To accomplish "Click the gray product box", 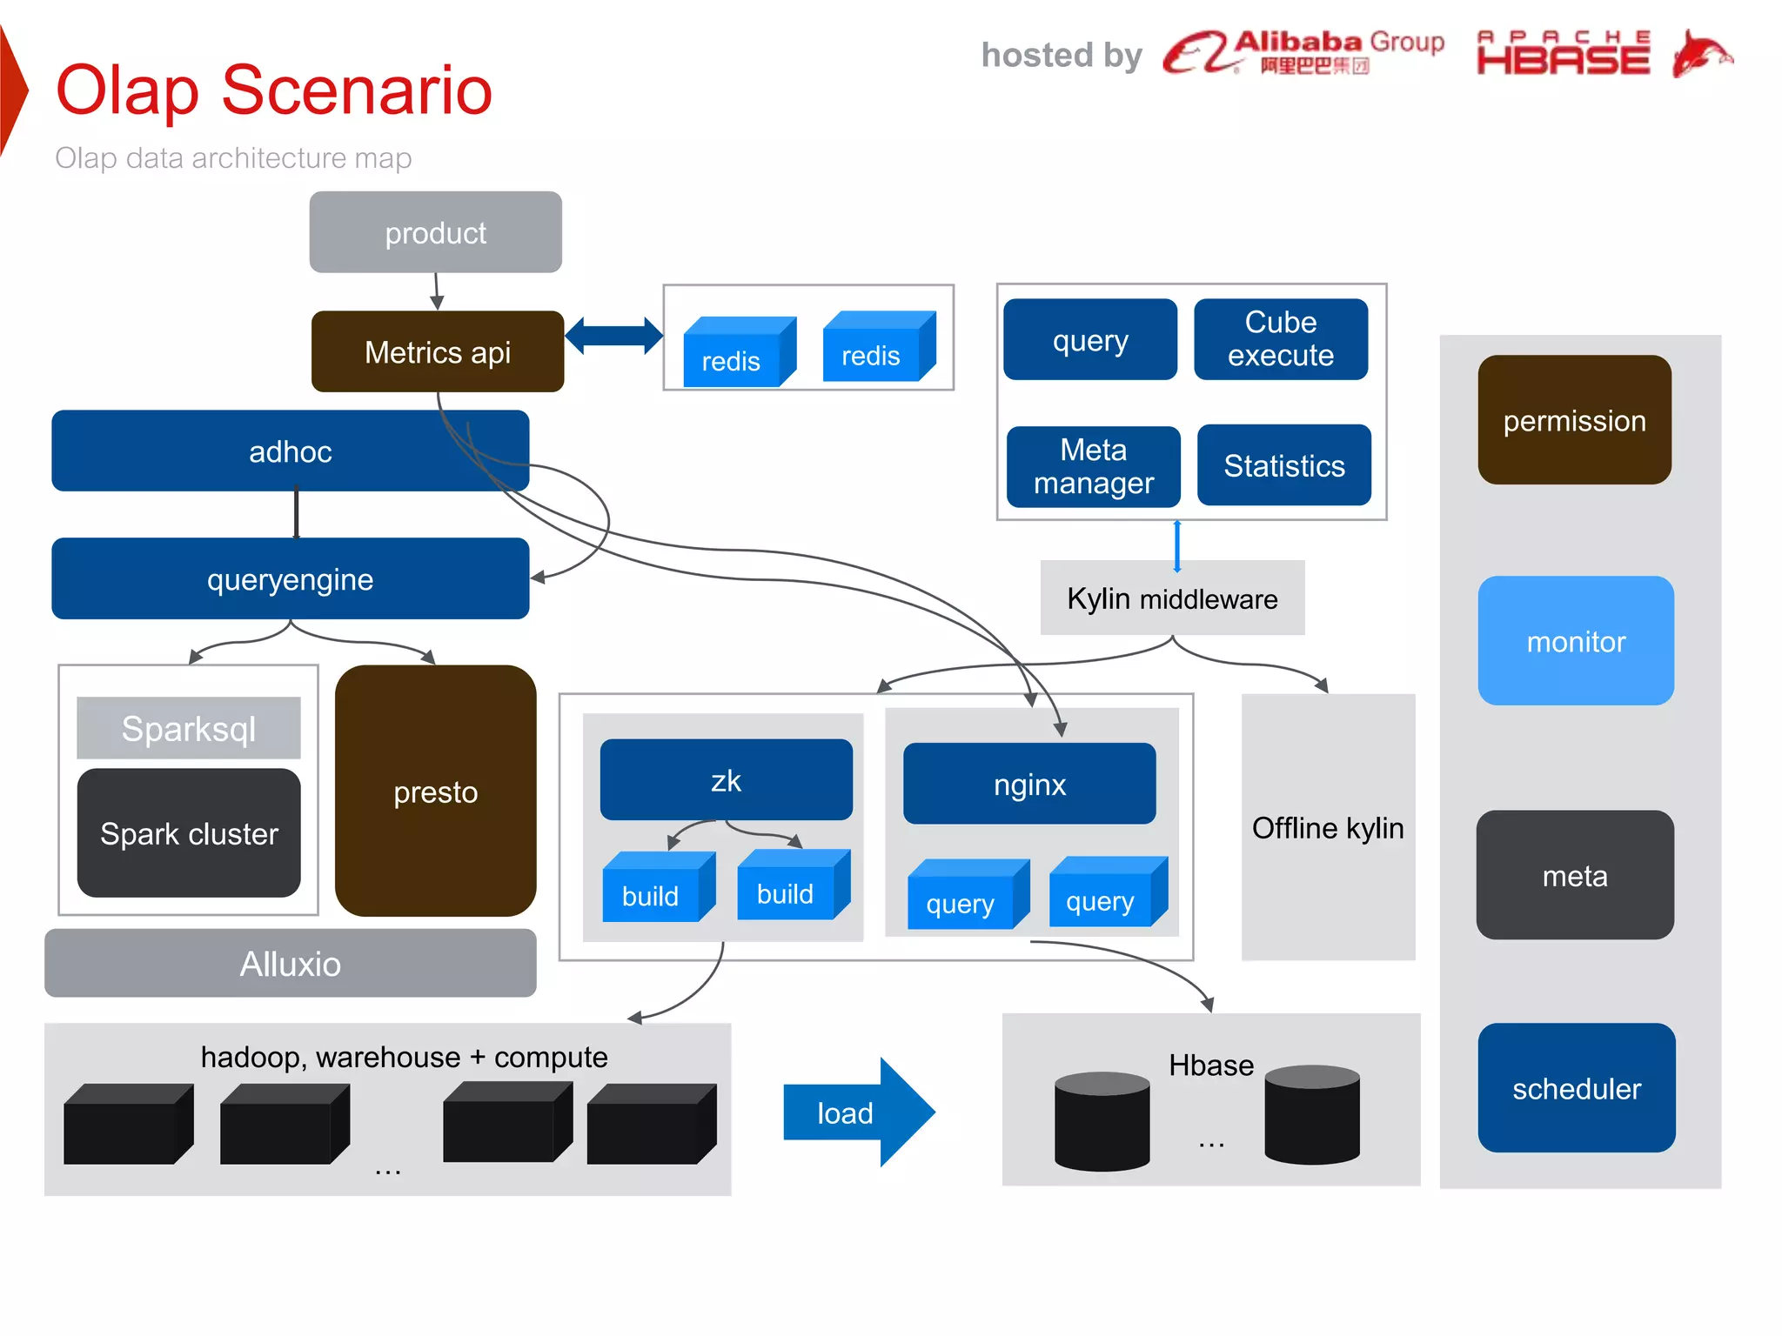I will (x=435, y=232).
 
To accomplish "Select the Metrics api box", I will (x=437, y=351).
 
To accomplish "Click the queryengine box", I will (x=290, y=578).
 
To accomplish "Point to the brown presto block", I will (x=435, y=791).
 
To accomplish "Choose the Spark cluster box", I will (x=189, y=832).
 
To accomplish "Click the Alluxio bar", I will (x=290, y=963).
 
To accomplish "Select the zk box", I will (x=726, y=779).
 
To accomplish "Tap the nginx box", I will (x=1029, y=784).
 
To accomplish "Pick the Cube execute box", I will (x=1280, y=338).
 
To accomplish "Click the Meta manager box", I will (x=1093, y=466).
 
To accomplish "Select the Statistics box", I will (x=1283, y=465).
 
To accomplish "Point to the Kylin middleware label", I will (x=1172, y=598).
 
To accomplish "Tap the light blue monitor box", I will (x=1575, y=640).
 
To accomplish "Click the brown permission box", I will (x=1574, y=419).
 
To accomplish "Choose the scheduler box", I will (x=1576, y=1087).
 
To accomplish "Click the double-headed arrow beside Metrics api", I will (x=613, y=336).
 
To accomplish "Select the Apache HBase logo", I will (x=1603, y=54).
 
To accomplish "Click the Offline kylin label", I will (x=1327, y=827).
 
